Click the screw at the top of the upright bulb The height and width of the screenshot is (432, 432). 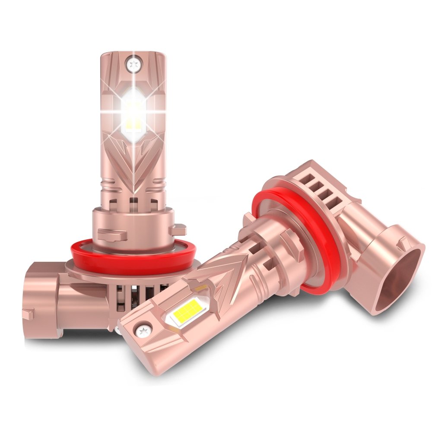pyautogui.click(x=132, y=64)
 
